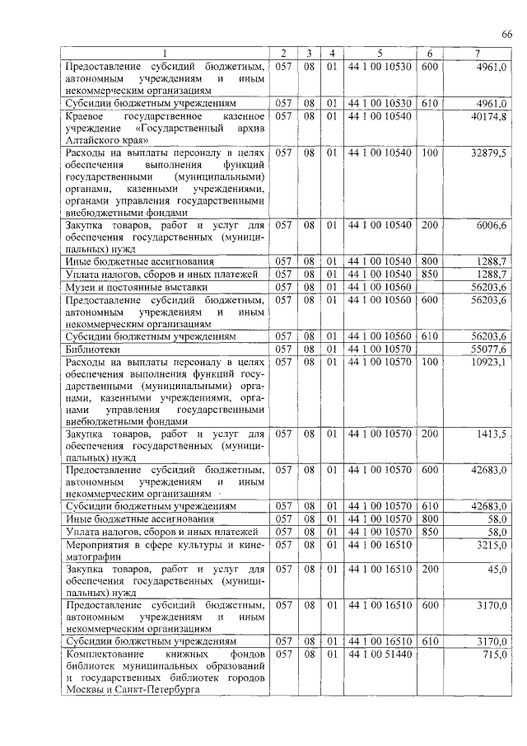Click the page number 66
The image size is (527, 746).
506,33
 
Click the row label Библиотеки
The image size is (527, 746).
91,350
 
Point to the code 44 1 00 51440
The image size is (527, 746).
379,654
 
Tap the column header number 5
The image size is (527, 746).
379,54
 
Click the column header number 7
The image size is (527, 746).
477,54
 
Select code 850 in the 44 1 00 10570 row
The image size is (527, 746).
428,532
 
